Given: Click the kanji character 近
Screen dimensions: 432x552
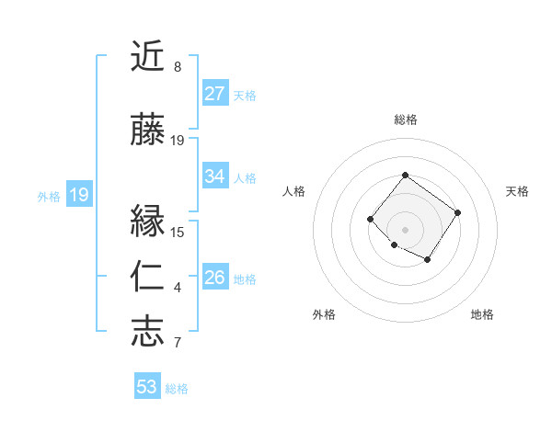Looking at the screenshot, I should click(x=148, y=58).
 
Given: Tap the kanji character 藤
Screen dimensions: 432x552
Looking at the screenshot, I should click(x=148, y=131).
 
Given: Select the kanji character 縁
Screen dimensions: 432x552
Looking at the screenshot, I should click(x=148, y=222).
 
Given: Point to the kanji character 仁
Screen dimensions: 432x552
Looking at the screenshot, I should click(x=148, y=277).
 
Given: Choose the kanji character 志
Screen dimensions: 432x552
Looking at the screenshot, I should click(x=148, y=332).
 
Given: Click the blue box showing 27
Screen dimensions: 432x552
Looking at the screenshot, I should click(x=215, y=94).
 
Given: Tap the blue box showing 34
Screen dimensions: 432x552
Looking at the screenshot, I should click(x=215, y=176).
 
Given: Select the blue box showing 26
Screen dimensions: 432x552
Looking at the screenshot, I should click(x=215, y=278).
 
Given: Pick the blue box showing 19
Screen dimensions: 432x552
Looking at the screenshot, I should click(x=79, y=195).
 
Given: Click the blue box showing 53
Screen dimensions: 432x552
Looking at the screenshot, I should click(x=147, y=387).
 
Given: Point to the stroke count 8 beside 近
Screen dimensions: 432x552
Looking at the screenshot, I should click(x=178, y=67).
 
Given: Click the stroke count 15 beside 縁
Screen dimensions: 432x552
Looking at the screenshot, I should click(x=178, y=232).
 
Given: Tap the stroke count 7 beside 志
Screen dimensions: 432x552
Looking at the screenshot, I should click(x=178, y=343).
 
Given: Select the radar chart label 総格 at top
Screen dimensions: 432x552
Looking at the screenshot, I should click(x=406, y=119).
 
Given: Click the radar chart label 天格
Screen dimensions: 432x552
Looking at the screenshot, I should click(x=518, y=191).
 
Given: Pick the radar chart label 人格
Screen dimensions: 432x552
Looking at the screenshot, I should click(x=294, y=191).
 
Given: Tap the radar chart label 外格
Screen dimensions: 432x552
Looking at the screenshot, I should click(x=324, y=314).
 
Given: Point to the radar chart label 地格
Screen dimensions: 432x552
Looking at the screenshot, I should click(x=482, y=314).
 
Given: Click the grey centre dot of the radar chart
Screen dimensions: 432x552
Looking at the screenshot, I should click(x=406, y=229).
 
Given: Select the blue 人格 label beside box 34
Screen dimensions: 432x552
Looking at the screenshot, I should click(x=245, y=177).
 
